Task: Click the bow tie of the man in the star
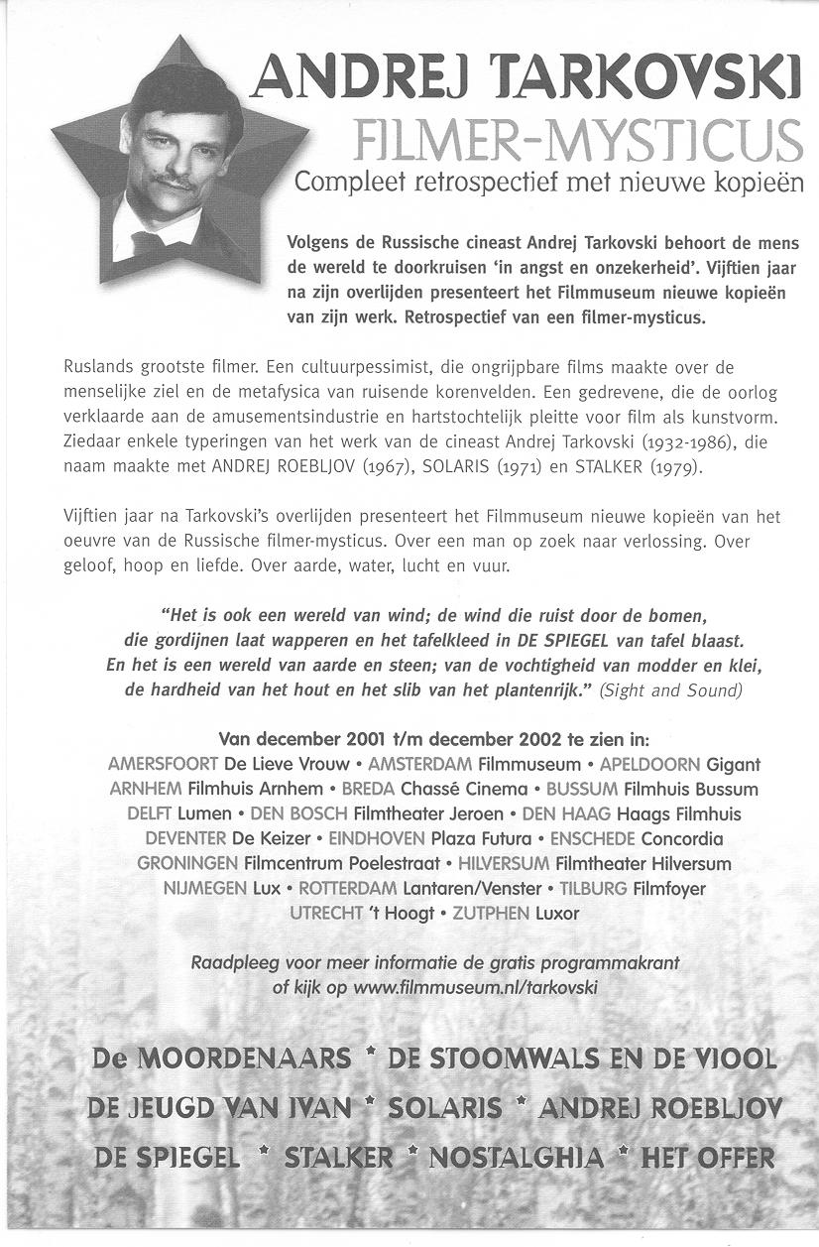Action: tap(149, 242)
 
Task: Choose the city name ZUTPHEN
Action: tap(490, 913)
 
